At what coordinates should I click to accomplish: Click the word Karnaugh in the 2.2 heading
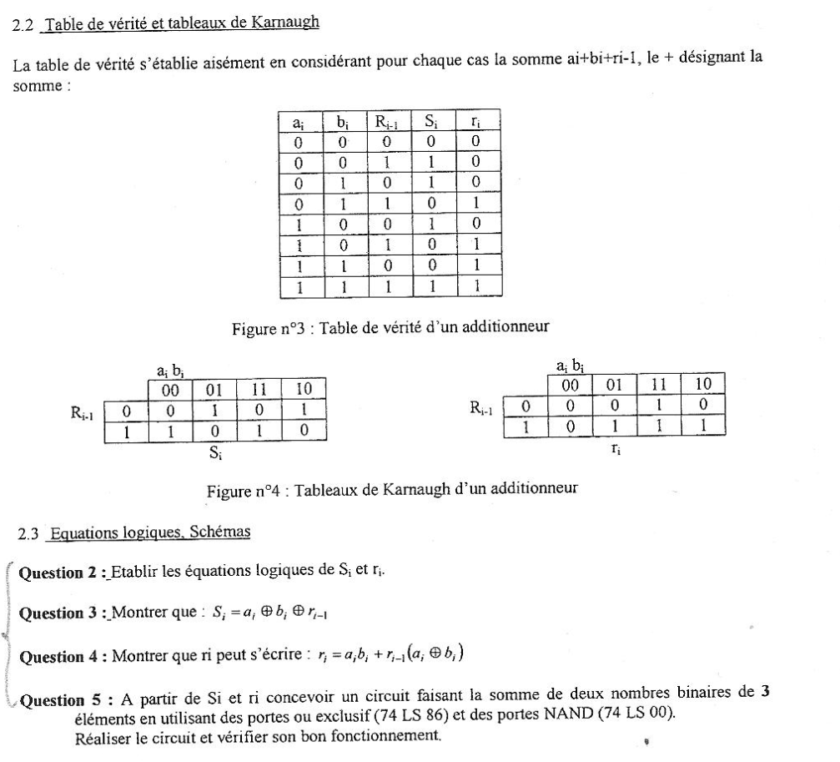[x=287, y=23]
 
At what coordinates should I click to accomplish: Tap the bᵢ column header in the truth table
[x=343, y=122]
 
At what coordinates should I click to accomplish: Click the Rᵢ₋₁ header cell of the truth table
[x=387, y=122]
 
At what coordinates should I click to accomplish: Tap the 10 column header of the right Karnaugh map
[x=702, y=384]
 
